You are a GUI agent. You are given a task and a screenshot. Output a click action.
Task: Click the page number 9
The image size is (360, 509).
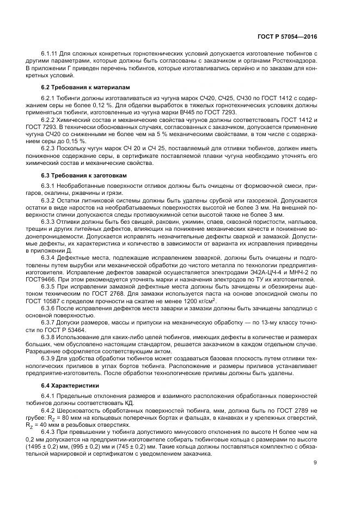pos(315,463)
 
